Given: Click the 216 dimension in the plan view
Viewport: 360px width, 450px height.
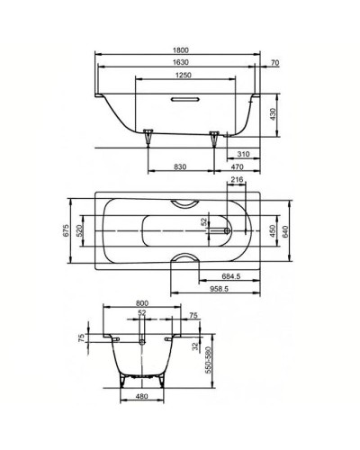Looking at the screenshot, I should [238, 181].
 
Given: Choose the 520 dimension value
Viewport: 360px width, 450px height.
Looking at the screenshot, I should [81, 233].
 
